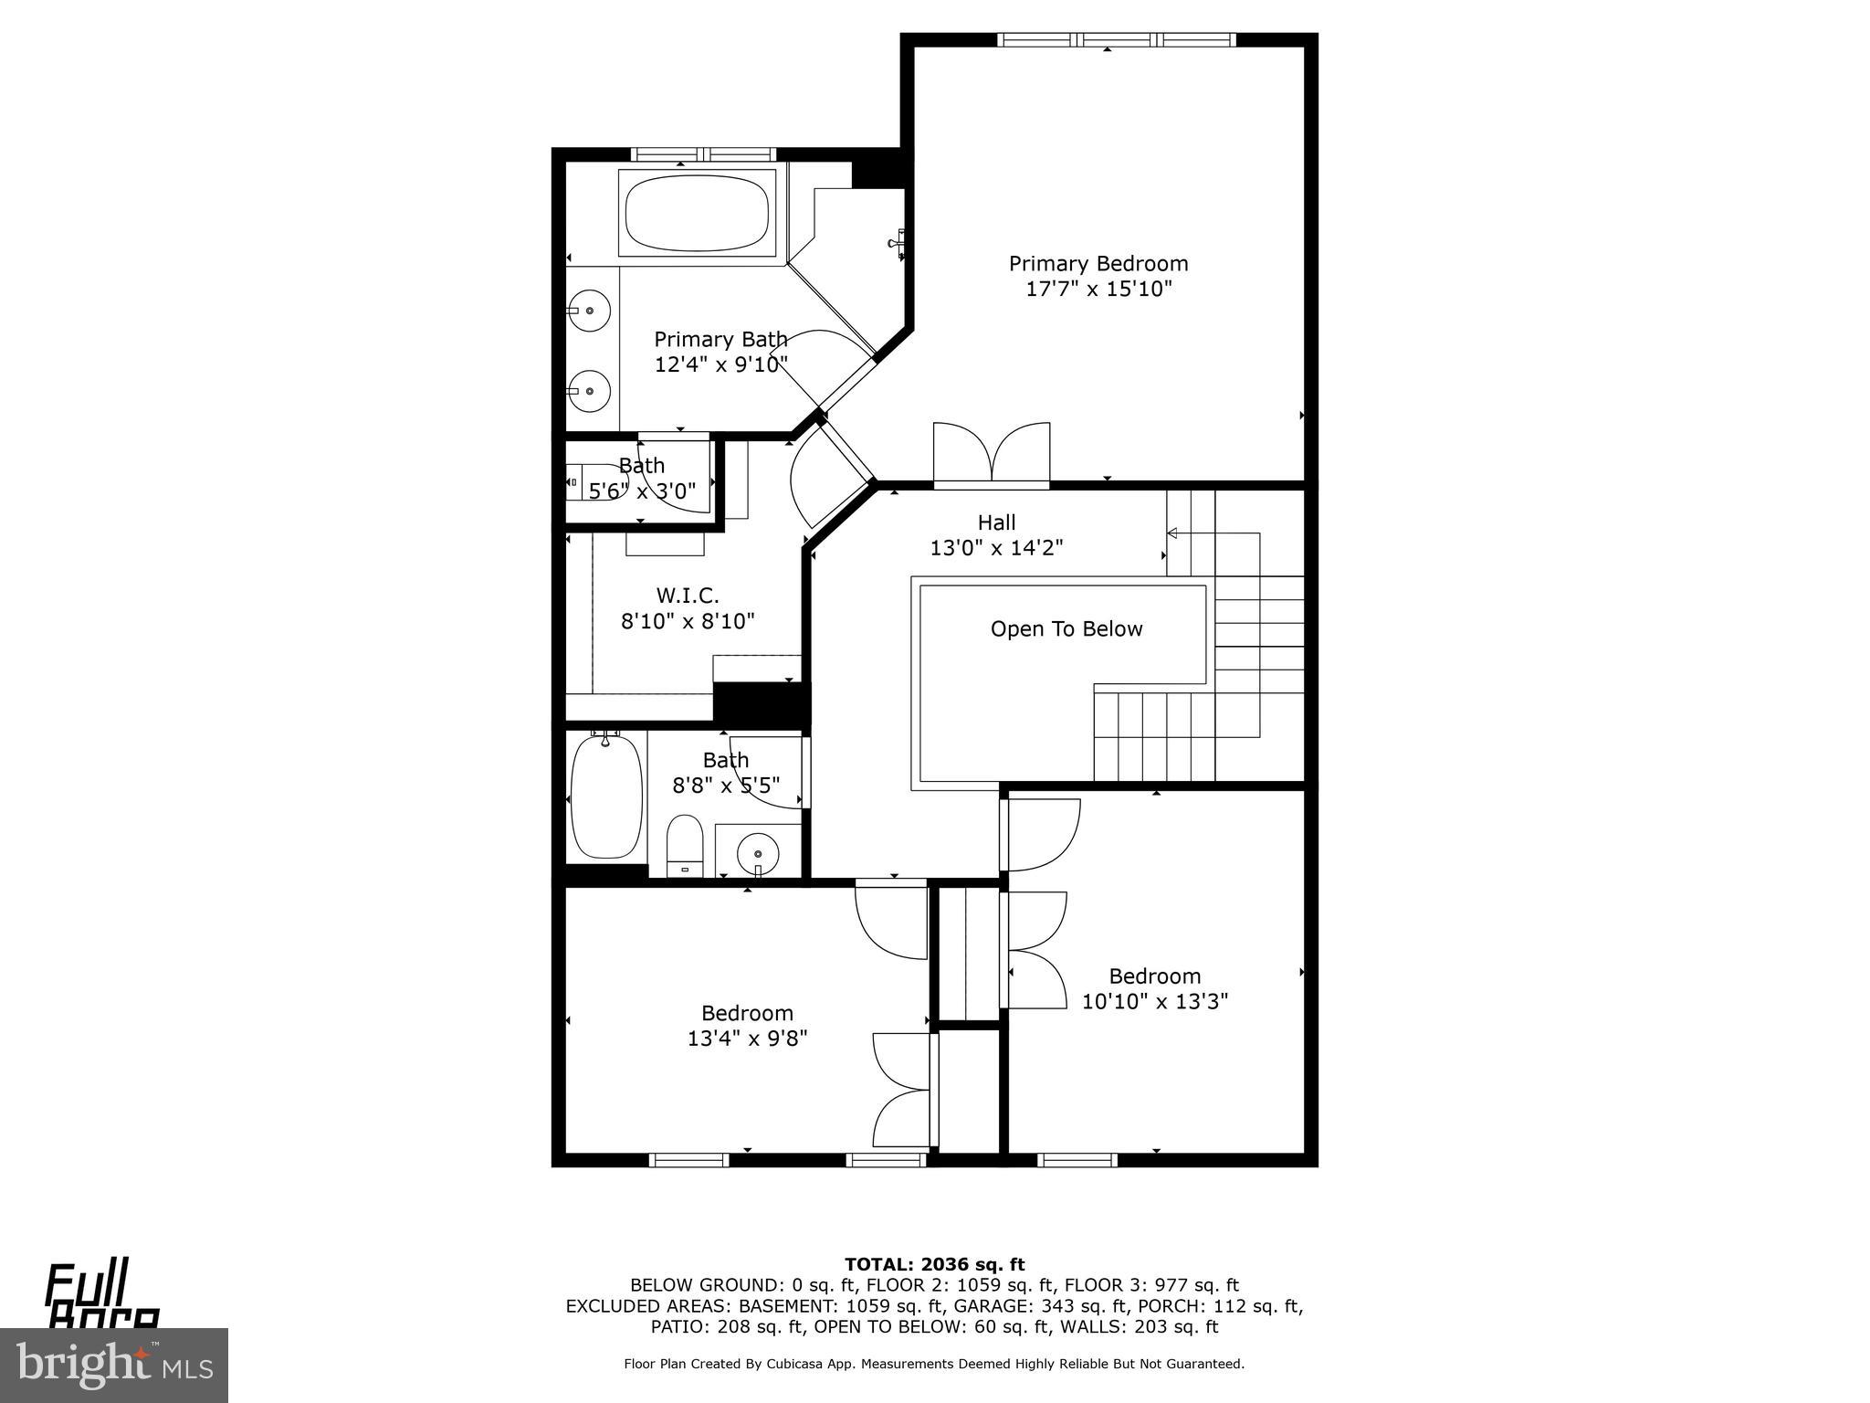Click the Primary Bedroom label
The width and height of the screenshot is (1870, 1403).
[x=1098, y=264]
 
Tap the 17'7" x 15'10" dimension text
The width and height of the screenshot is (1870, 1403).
[x=1098, y=290]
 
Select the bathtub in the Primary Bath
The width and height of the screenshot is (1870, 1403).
[x=697, y=213]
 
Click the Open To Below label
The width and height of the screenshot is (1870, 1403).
[x=1066, y=629]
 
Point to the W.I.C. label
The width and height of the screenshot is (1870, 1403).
[x=688, y=596]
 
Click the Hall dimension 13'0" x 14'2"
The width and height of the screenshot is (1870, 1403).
[x=996, y=548]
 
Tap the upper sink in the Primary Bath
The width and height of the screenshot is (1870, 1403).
[x=589, y=311]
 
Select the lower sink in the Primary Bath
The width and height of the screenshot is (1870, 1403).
[x=589, y=391]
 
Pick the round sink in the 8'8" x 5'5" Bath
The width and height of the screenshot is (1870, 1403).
[x=758, y=853]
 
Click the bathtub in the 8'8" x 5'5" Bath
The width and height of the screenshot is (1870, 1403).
[x=605, y=796]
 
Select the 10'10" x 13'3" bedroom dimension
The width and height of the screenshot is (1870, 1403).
[x=1155, y=1002]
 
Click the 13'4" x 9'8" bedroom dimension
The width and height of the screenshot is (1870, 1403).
[x=747, y=1039]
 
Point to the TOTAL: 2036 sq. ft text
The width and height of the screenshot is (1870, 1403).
[x=934, y=1265]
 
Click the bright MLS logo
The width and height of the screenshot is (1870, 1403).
[x=113, y=1366]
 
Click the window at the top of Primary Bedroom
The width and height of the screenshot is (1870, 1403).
[x=1116, y=39]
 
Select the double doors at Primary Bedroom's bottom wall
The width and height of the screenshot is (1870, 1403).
[x=992, y=453]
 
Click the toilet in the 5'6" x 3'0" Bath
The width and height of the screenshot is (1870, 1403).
[x=584, y=481]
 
